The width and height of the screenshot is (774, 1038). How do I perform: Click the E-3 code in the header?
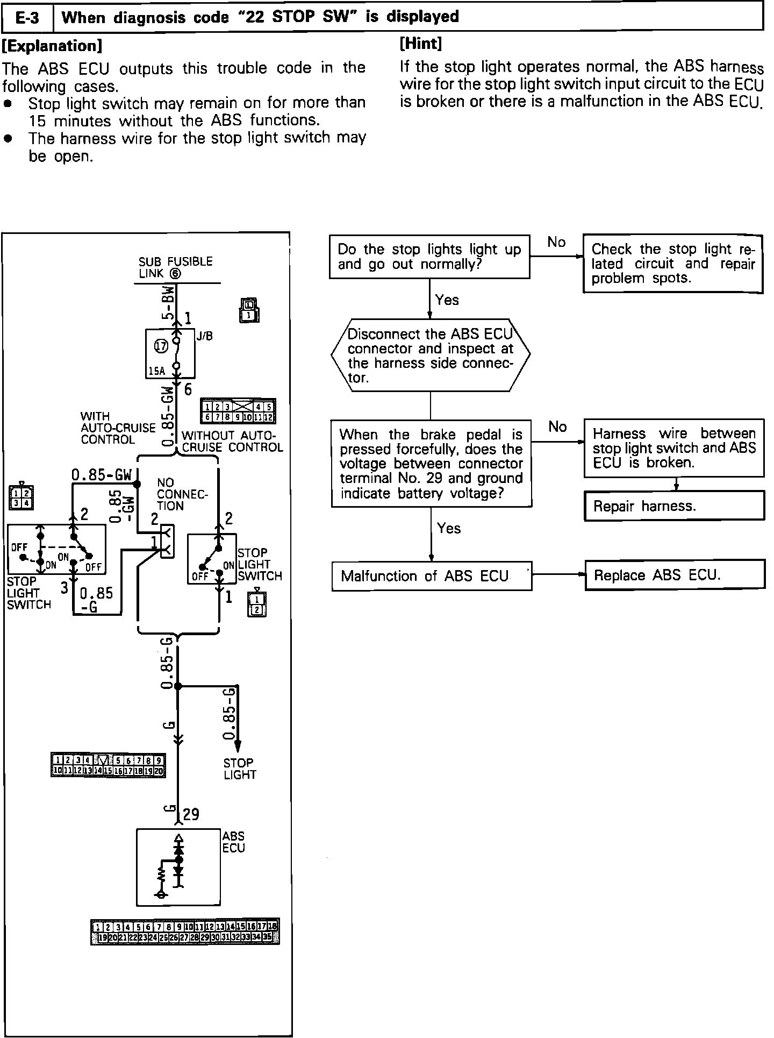pyautogui.click(x=27, y=18)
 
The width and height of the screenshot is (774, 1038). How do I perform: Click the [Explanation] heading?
pyautogui.click(x=52, y=46)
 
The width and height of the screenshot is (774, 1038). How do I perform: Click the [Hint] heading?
pyautogui.click(x=421, y=44)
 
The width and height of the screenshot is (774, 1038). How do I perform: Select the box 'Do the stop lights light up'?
pyautogui.click(x=429, y=257)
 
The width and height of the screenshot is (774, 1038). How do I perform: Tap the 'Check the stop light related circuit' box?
pyautogui.click(x=673, y=264)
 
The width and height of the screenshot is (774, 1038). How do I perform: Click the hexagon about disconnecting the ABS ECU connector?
pyautogui.click(x=431, y=355)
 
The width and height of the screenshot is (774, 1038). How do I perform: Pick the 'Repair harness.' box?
pyautogui.click(x=674, y=506)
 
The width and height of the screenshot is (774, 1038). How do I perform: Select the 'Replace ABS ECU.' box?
pyautogui.click(x=674, y=575)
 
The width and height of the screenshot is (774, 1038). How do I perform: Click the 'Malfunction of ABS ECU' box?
pyautogui.click(x=432, y=576)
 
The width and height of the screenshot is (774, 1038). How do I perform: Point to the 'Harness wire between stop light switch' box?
pyautogui.click(x=674, y=448)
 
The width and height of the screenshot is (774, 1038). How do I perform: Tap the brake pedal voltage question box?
pyautogui.click(x=432, y=464)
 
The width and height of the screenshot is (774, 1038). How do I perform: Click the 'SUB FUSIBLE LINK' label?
pyautogui.click(x=175, y=267)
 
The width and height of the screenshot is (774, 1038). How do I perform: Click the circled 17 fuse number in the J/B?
pyautogui.click(x=161, y=346)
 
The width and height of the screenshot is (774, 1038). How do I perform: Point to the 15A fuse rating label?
pyautogui.click(x=157, y=371)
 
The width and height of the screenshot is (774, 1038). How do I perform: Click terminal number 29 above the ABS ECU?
pyautogui.click(x=191, y=815)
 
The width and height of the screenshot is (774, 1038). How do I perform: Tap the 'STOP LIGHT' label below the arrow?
pyautogui.click(x=240, y=769)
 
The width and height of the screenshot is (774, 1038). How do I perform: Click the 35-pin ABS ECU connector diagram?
pyautogui.click(x=185, y=932)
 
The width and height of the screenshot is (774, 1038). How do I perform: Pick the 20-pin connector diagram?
pyautogui.click(x=108, y=765)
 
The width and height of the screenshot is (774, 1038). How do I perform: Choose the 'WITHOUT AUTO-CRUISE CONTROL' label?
pyautogui.click(x=232, y=442)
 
